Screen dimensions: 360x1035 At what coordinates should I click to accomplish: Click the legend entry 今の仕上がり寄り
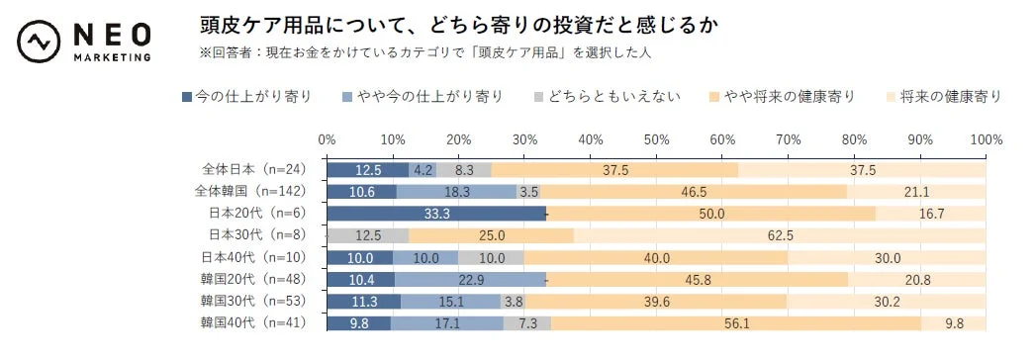(246, 96)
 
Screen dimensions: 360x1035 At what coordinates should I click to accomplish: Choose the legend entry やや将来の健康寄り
(783, 96)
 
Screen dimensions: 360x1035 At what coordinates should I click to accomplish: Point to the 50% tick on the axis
(656, 139)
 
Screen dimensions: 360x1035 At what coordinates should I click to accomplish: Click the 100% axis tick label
(985, 139)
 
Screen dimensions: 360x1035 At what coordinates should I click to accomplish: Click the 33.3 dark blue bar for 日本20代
(436, 213)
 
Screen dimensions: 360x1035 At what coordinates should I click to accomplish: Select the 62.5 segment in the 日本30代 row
(780, 234)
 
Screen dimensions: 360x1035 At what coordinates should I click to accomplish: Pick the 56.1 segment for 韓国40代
(735, 321)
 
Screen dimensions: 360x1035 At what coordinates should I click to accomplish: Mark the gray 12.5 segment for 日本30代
(367, 234)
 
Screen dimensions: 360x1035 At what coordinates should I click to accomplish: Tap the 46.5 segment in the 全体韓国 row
(693, 191)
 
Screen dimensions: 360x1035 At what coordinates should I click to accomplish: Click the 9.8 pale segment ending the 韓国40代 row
(953, 321)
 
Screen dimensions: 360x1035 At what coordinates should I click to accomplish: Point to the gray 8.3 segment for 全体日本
(464, 169)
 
